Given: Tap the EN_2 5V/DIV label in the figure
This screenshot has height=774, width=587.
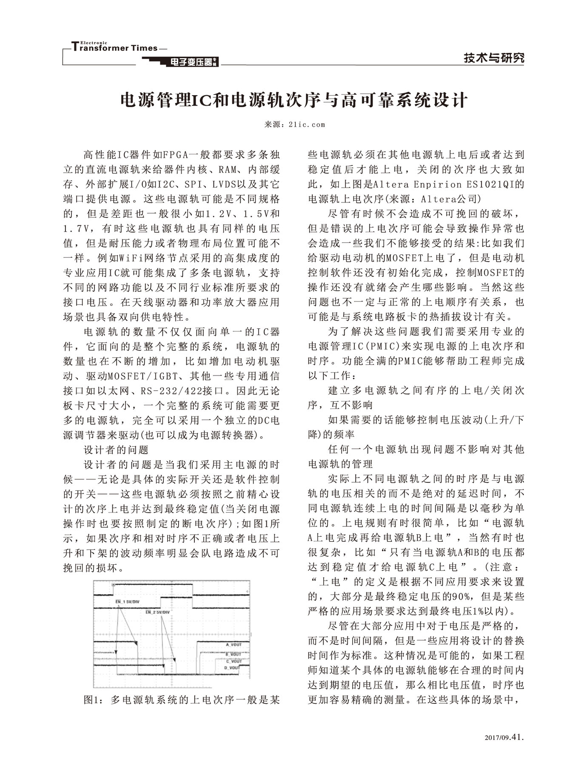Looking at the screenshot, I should pos(157,612).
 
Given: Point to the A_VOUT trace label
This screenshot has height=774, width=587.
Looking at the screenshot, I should pos(234,645).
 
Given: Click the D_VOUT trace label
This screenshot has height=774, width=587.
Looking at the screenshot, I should pos(232,668).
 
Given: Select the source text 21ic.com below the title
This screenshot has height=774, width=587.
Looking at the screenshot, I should pos(306,125).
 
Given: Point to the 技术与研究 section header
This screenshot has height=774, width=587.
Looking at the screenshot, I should pos(494,58).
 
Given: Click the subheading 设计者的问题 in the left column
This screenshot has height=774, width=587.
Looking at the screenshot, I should pos(116,450).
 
